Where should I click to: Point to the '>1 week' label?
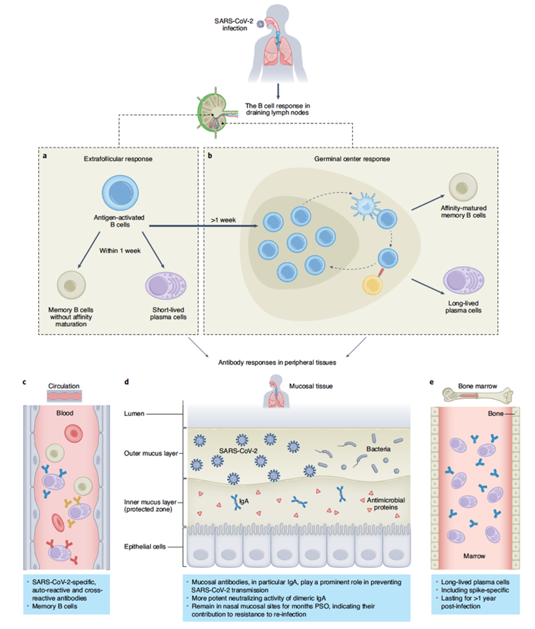click(221, 220)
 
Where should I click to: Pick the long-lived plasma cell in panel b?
click(463, 280)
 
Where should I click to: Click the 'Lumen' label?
click(135, 414)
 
